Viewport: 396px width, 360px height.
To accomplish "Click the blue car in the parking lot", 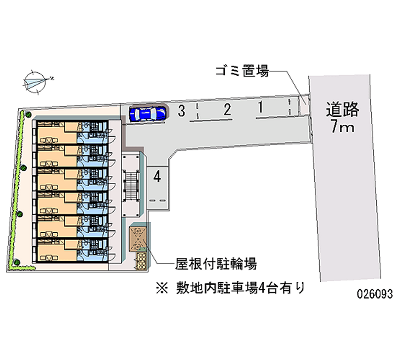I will click(x=148, y=113).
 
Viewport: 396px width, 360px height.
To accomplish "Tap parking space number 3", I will click(x=182, y=111).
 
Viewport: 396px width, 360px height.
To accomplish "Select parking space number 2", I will click(x=227, y=109).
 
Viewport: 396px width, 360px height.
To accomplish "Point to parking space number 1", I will click(x=260, y=106).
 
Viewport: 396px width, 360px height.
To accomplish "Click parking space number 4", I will click(x=157, y=177).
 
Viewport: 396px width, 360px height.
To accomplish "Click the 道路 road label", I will click(x=342, y=108).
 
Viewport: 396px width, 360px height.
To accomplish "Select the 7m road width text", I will click(x=342, y=127).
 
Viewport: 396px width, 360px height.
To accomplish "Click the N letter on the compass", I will click(x=51, y=78).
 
